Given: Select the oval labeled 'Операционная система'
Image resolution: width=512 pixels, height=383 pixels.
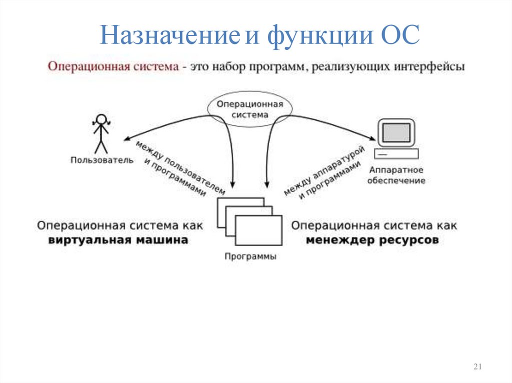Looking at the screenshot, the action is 250,109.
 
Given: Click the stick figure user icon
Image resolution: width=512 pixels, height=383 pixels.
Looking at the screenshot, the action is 101,133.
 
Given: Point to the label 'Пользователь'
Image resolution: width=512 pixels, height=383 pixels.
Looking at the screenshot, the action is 102,160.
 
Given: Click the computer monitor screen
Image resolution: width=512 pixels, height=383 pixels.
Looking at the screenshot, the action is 396,133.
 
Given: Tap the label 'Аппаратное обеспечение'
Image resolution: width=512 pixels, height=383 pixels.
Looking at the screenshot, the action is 396,175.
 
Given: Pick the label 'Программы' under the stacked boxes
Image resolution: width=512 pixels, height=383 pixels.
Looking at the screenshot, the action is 250,257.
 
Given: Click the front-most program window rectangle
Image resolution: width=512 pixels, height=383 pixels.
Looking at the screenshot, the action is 258,230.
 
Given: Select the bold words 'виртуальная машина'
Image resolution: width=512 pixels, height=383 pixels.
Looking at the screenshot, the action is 118,240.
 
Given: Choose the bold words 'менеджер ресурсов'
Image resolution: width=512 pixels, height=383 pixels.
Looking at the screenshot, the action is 372,240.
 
